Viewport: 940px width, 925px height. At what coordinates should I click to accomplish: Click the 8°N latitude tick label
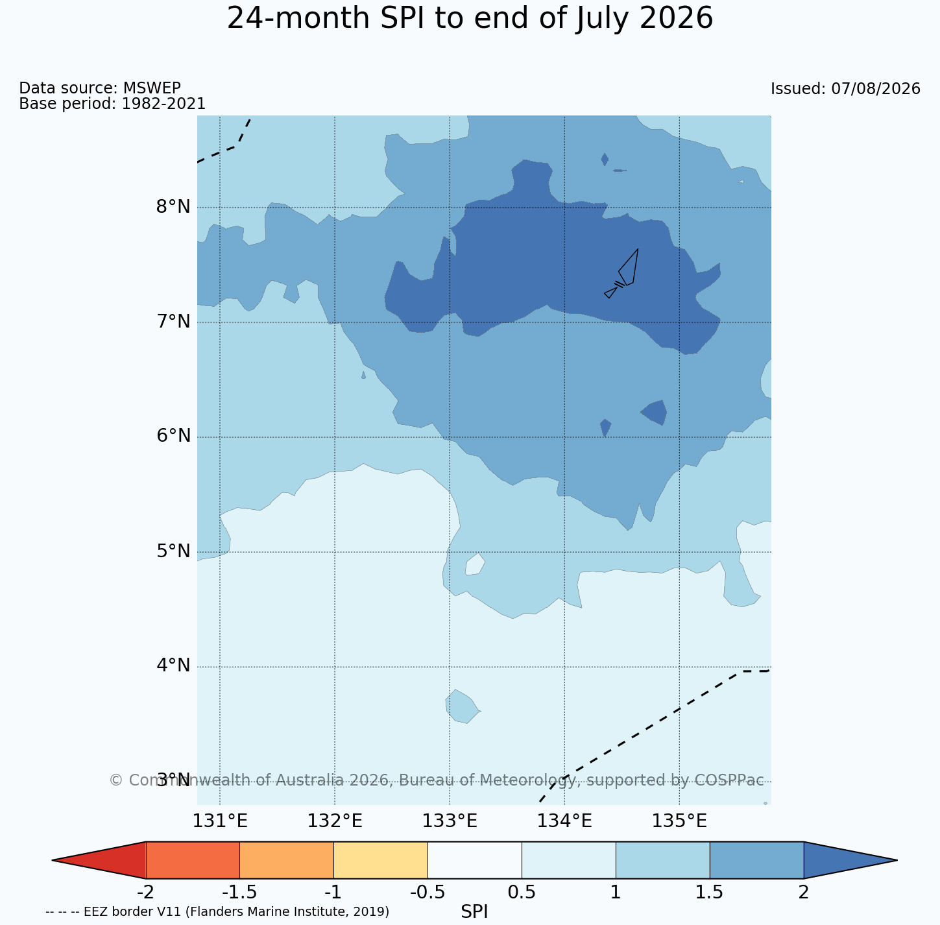173,207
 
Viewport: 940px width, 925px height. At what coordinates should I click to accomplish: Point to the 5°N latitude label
173,551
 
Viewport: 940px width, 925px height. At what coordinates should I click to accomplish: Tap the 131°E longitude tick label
220,821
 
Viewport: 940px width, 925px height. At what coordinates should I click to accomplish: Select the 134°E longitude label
564,821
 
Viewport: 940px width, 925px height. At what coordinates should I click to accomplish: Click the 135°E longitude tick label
679,821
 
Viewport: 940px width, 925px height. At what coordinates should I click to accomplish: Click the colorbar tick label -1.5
239,893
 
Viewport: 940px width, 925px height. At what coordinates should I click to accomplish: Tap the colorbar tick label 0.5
522,893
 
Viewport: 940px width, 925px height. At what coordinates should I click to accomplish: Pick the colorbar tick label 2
803,893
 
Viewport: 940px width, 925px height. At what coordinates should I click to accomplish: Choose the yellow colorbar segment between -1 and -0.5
381,860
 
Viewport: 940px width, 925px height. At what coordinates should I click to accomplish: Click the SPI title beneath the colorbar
474,911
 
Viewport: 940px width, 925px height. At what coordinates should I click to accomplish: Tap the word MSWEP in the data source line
152,88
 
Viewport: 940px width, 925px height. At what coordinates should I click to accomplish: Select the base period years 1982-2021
163,103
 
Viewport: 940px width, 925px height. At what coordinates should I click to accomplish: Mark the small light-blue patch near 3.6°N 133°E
462,706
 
